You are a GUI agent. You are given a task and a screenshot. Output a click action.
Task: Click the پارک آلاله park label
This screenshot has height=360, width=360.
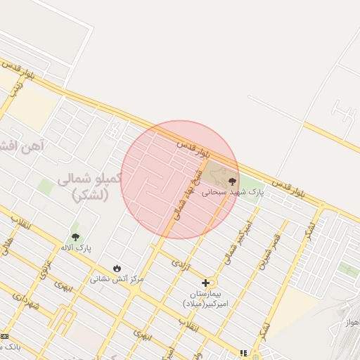[x=76, y=248]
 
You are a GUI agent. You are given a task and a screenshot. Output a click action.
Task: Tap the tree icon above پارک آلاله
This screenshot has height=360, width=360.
[x=76, y=237]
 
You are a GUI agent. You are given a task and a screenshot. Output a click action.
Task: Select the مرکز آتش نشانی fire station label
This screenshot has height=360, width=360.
[x=116, y=278]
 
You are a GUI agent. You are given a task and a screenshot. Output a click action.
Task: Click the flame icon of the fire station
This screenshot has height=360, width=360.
[x=116, y=268]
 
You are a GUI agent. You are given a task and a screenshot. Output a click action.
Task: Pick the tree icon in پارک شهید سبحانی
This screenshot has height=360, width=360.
[x=233, y=181]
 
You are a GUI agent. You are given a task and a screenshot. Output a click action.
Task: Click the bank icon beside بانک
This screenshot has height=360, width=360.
[x=4, y=337]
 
